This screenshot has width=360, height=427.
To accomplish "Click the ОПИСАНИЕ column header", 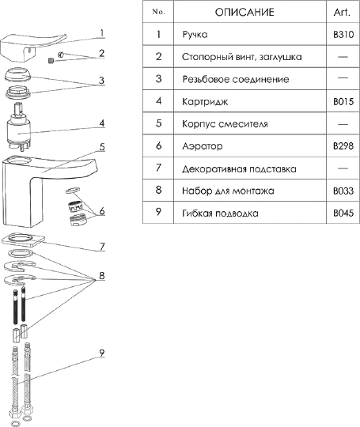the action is click(244, 12).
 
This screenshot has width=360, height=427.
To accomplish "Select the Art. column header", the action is click(342, 12).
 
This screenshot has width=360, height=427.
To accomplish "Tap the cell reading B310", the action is click(343, 35).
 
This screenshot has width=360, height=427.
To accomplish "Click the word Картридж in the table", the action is click(205, 102).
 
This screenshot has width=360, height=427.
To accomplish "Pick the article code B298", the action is click(343, 146).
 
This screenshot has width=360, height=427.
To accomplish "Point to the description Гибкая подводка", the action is click(220, 213).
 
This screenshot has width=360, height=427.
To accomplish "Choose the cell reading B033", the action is click(343, 191).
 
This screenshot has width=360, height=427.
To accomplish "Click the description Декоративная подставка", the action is click(239, 169).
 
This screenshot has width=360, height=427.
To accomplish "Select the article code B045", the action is click(343, 213).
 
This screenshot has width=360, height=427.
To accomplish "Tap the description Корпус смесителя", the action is click(225, 124).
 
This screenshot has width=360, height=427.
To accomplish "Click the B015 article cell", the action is click(343, 101).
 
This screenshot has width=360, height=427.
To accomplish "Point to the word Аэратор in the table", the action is click(203, 146).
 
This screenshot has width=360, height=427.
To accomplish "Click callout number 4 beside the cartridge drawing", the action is click(101, 123).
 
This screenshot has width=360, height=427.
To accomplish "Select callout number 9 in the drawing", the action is click(101, 353).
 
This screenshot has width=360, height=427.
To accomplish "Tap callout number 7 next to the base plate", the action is click(102, 247).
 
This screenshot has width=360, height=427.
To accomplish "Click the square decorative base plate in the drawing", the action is click(24, 240).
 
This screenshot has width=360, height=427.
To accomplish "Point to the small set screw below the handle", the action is click(51, 60).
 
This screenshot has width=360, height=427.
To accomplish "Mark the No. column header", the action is click(158, 12).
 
